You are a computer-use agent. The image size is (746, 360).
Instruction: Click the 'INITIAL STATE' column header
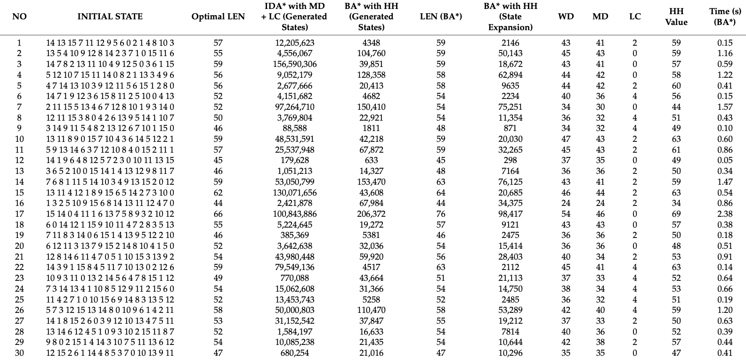pos(110,16)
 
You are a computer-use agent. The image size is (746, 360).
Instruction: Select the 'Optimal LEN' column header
pos(218,16)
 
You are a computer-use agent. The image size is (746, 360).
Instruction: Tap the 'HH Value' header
pos(676,16)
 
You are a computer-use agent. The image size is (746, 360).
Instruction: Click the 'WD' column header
pos(566,16)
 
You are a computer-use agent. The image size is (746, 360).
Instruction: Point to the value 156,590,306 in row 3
pos(295,64)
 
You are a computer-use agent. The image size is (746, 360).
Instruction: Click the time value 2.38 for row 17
pos(725,214)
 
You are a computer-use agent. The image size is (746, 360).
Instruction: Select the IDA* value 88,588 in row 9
pos(295,128)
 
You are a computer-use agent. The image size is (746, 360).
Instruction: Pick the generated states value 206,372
pos(371,214)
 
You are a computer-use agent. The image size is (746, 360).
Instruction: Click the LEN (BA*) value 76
pos(441,214)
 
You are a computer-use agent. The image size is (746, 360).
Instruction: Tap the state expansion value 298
pos(510,160)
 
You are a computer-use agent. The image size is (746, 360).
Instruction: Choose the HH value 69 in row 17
pos(676,214)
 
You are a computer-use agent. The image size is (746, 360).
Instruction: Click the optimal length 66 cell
pos(218,214)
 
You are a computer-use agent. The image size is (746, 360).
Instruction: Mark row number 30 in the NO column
pos(19,353)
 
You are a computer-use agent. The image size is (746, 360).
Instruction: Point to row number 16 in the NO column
pos(19,203)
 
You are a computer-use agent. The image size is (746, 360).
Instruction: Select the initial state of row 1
pos(110,43)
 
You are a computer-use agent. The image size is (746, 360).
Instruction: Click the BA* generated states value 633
pos(371,160)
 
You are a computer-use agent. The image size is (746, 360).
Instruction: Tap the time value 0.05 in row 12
pos(725,160)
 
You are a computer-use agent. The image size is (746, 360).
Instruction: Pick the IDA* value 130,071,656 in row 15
pos(295,193)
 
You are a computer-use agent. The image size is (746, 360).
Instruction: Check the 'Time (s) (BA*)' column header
pos(725,16)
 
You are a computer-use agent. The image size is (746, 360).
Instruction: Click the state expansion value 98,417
pos(510,214)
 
